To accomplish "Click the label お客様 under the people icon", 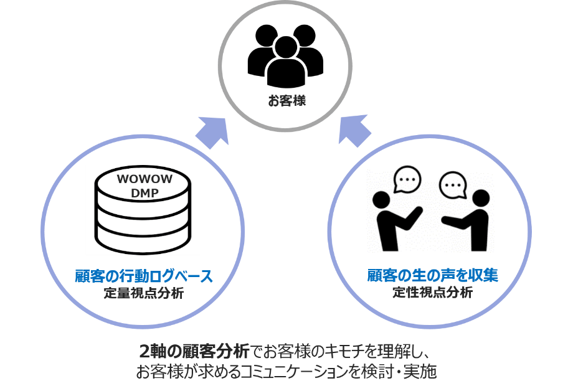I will click(286, 100).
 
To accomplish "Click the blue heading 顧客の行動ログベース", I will click(143, 277).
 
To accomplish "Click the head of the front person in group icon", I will click(285, 46).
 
